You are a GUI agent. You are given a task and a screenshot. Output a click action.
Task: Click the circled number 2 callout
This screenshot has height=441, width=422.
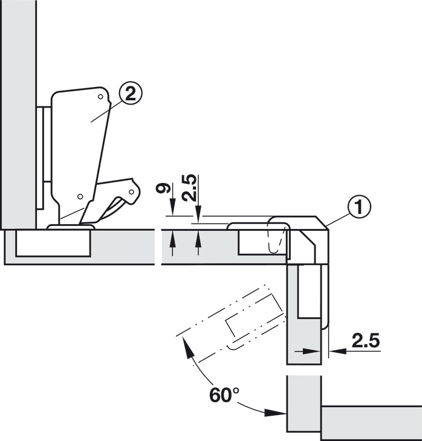click(x=131, y=94)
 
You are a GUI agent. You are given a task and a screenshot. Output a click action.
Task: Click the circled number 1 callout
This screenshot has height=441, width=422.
click(x=359, y=207)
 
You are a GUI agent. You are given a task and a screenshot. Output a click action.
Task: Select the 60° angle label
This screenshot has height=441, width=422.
click(x=224, y=394)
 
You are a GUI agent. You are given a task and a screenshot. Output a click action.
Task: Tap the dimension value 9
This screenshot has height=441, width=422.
click(x=163, y=188)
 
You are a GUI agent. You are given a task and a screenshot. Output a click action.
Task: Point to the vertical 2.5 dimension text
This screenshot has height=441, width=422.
click(x=189, y=188)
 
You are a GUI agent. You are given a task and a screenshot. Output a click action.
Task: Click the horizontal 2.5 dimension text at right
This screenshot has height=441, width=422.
click(x=366, y=341)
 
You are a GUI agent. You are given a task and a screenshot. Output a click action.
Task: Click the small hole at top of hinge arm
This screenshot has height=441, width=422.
click(x=100, y=97)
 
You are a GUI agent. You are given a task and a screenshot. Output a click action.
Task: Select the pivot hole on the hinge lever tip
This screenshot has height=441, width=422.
click(x=131, y=192)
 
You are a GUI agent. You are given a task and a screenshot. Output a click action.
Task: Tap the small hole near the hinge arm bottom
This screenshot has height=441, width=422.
click(x=80, y=196)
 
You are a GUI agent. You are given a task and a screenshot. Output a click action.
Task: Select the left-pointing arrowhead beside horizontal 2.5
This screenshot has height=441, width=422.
click(x=338, y=351)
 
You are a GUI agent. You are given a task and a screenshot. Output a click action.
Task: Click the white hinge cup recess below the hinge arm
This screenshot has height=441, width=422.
click(x=53, y=243)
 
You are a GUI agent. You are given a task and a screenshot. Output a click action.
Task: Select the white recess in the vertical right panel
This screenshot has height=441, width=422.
click(x=310, y=291)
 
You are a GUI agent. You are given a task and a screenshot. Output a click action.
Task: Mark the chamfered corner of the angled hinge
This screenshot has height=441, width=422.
click(x=322, y=222)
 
